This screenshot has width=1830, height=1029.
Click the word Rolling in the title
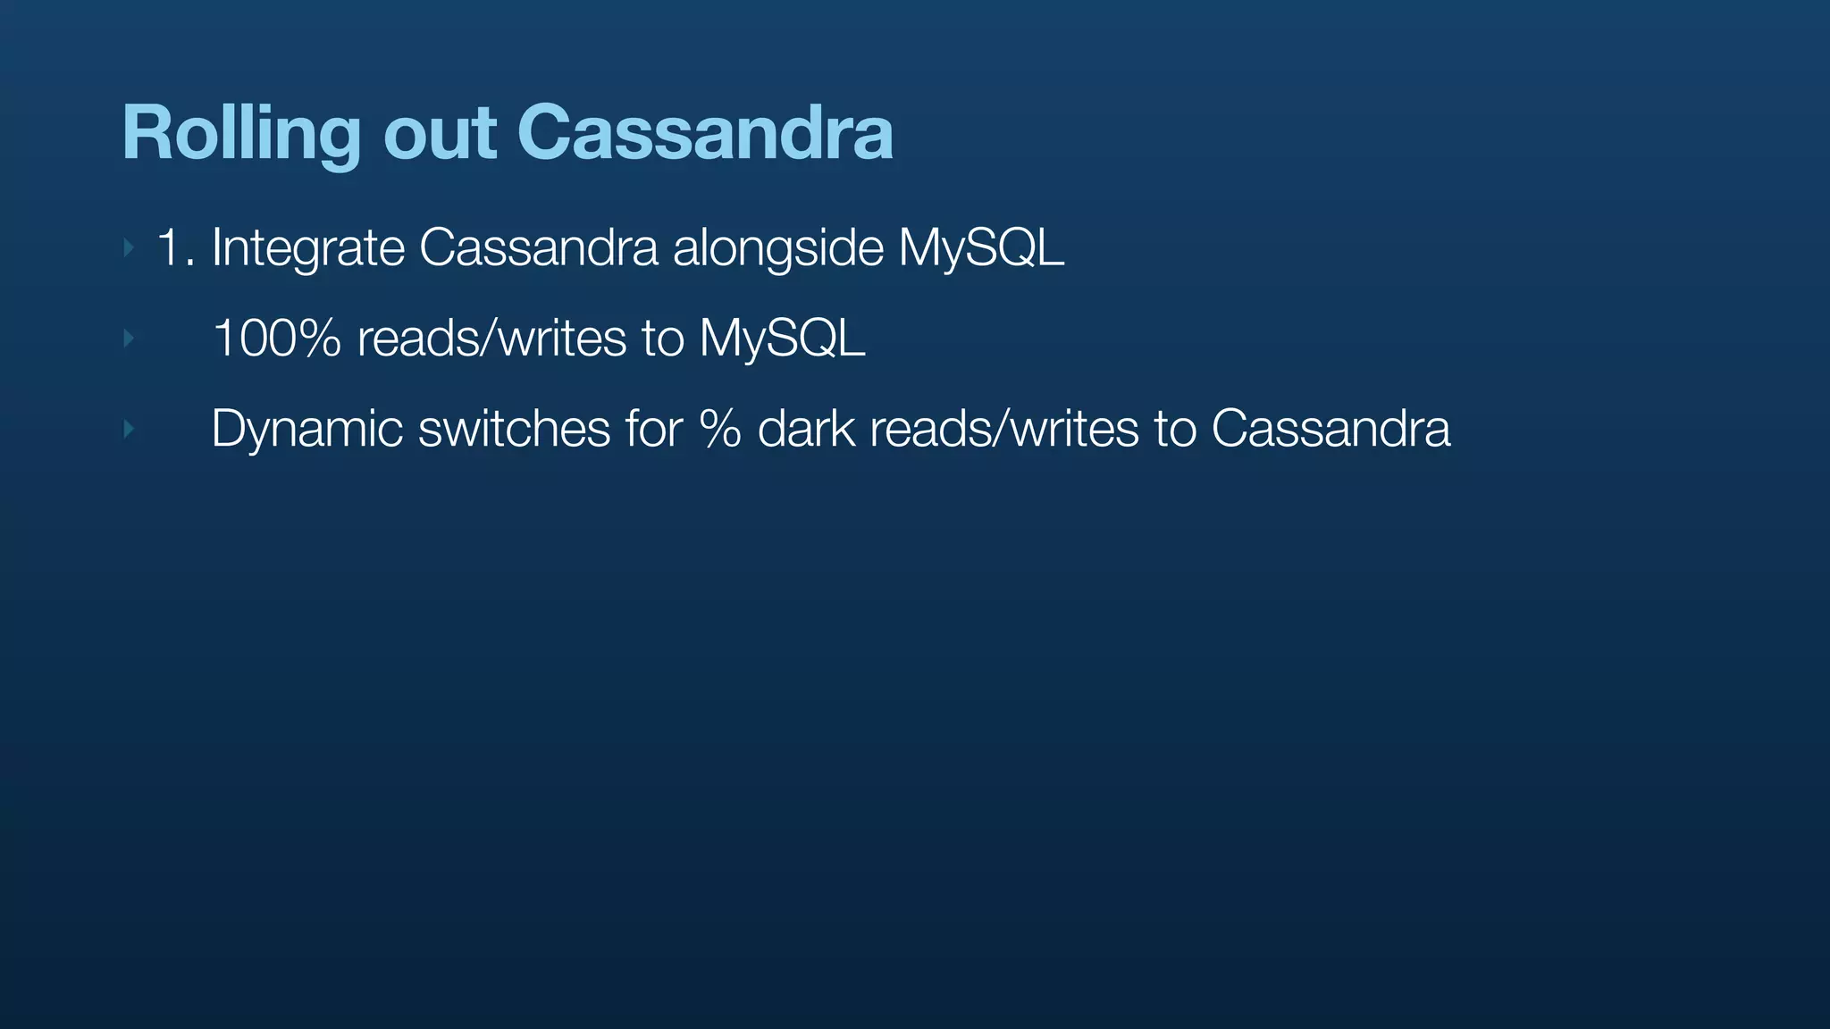[x=240, y=134]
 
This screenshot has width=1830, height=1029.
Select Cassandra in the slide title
[x=705, y=134]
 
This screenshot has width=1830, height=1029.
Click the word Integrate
[x=308, y=247]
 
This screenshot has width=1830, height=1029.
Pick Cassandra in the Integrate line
[x=538, y=247]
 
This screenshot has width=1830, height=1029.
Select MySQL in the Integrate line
[x=981, y=247]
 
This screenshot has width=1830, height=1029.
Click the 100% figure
[x=277, y=339]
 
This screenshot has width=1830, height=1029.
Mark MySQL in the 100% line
[x=782, y=339]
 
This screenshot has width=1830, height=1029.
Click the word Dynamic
[x=306, y=429]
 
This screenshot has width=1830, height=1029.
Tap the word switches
[x=514, y=429]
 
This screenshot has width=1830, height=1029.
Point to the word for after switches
[x=653, y=429]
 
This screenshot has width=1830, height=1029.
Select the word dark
[x=806, y=429]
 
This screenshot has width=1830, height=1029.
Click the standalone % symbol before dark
[x=720, y=429]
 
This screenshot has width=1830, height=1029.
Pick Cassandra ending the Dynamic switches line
[x=1331, y=429]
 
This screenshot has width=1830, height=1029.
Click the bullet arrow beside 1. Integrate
[x=129, y=247]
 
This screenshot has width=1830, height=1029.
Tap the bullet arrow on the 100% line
[x=129, y=339]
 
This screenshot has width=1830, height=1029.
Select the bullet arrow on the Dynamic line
[x=129, y=430]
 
